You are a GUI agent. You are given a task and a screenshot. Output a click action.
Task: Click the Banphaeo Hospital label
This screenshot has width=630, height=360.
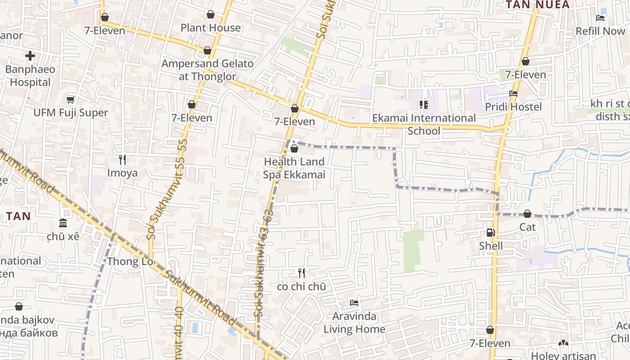30,76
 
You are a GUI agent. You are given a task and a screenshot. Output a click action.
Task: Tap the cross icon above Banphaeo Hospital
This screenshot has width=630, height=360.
30,56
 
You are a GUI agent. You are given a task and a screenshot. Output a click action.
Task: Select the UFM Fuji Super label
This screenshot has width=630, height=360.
71,112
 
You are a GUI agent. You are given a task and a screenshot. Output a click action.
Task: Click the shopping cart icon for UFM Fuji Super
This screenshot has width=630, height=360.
70,99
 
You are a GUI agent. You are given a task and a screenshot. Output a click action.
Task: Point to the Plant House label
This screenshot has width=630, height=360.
211,28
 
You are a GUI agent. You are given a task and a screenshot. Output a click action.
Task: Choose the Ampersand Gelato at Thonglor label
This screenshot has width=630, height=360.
207,70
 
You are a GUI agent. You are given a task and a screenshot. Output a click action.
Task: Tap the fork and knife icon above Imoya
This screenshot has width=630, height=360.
122,159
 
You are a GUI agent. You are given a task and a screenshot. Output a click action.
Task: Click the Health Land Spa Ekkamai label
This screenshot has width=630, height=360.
294,168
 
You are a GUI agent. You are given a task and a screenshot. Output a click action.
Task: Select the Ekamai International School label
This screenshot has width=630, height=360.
423,124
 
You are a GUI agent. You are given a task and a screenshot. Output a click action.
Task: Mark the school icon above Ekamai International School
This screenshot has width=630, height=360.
423,105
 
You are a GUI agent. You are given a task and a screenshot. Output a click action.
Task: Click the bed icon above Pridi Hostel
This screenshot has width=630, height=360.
513,94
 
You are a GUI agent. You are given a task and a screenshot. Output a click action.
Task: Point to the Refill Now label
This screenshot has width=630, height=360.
600,31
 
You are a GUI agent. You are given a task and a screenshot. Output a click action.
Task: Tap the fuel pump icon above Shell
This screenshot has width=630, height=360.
490,233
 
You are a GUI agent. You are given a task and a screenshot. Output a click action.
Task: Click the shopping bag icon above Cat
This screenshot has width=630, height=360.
527,214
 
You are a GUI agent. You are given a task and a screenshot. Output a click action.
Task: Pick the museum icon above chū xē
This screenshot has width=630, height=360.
63,223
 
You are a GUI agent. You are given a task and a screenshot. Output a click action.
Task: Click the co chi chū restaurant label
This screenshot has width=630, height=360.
301,286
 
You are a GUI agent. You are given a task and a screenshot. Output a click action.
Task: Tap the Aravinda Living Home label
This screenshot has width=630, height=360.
354,323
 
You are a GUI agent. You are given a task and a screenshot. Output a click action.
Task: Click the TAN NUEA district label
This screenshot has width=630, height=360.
537,5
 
